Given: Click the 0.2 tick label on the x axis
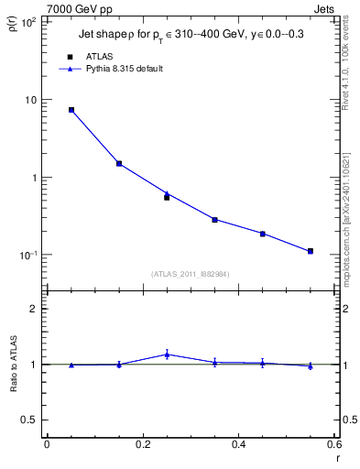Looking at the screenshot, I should click(x=142, y=445).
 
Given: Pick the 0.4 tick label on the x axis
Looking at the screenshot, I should click(x=239, y=445).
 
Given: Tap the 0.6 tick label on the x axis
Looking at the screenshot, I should click(x=334, y=445).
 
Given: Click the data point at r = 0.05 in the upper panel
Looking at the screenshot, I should click(x=71, y=110).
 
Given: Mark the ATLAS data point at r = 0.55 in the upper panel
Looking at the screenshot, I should click(x=311, y=251).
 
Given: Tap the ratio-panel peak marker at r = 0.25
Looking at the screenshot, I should click(x=167, y=354).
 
